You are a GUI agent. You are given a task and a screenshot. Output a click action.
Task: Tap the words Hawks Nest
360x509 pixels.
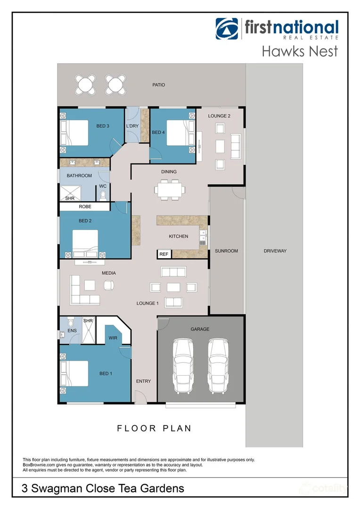point(300,51)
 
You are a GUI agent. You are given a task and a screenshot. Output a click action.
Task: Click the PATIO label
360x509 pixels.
point(159,85)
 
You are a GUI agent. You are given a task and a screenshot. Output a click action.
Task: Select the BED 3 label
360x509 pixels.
point(103,126)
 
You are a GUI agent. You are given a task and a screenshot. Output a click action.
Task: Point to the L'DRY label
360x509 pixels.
point(131,126)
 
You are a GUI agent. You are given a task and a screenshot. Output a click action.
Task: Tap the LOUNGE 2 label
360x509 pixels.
point(220,116)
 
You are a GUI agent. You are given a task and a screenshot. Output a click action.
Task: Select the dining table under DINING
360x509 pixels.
point(169,189)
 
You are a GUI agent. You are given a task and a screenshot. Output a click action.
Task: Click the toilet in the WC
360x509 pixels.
point(103,194)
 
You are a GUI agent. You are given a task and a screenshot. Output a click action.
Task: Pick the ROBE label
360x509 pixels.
point(85,206)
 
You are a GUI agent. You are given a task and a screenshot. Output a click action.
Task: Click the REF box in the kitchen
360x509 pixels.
point(164,254)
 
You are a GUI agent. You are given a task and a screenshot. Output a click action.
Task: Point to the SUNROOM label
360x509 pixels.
point(226,251)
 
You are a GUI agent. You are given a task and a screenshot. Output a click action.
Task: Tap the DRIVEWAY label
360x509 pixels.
point(275,251)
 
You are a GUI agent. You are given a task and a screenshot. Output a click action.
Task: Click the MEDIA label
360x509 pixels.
point(108,273)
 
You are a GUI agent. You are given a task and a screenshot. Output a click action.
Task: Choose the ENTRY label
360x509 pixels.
point(143,381)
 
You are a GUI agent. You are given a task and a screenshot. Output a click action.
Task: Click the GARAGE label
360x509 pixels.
point(200,329)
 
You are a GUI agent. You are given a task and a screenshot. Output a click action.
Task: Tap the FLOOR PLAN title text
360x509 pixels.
point(154,428)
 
